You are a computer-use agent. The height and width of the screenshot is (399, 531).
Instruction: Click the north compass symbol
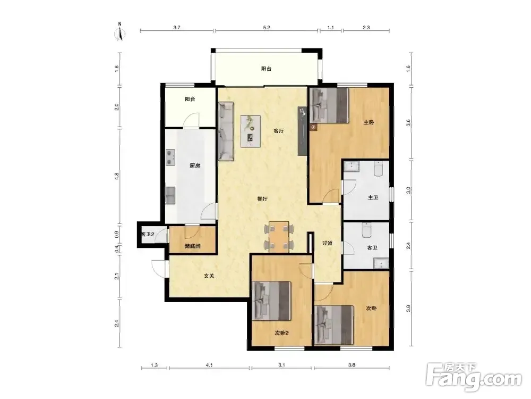(x=120, y=32)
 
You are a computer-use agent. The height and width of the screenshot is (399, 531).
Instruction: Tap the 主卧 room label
(x=369, y=122)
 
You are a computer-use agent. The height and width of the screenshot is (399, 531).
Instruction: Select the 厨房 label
(x=195, y=165)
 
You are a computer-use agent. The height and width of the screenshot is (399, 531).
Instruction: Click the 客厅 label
(x=279, y=131)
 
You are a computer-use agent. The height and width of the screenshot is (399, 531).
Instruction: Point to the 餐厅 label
(x=262, y=199)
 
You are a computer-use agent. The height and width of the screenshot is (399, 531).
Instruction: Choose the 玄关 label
(x=209, y=276)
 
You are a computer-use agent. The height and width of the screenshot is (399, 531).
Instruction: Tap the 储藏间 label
(x=192, y=246)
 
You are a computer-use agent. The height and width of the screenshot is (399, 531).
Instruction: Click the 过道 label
(x=327, y=243)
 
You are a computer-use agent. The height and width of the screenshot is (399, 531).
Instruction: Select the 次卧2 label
(x=281, y=333)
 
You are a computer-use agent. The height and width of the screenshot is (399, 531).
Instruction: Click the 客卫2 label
(x=148, y=234)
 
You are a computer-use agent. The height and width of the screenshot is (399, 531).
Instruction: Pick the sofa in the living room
(x=226, y=131)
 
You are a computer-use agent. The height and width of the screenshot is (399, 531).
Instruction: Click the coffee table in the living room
(x=251, y=131)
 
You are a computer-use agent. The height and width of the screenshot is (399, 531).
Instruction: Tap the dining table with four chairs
(x=279, y=237)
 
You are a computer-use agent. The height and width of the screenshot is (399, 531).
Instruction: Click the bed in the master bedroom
(x=329, y=105)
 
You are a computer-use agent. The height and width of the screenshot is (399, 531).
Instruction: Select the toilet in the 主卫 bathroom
(x=379, y=169)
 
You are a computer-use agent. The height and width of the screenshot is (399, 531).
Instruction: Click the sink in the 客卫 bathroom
(x=381, y=263)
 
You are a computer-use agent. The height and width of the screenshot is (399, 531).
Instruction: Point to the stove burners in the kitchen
(x=170, y=157)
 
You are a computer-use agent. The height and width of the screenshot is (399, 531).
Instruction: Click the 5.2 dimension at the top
(x=267, y=28)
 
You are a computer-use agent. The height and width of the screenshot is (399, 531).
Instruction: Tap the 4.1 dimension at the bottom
(x=209, y=365)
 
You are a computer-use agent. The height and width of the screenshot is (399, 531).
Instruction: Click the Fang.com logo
(x=474, y=377)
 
